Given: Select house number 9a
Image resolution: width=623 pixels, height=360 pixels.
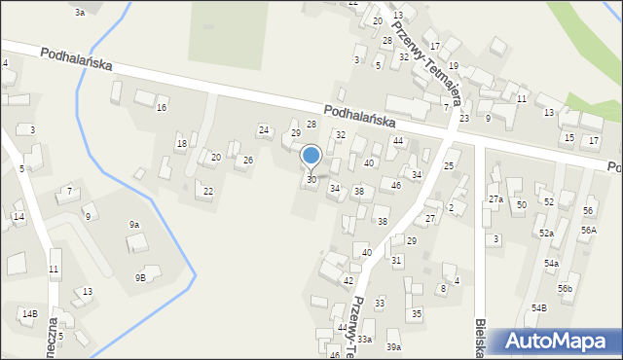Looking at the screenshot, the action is pyautogui.click(x=134, y=225).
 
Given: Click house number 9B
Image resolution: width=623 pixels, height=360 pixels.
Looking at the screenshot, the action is pyautogui.click(x=140, y=277).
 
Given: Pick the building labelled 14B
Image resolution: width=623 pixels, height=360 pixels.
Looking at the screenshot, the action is pyautogui.click(x=30, y=313).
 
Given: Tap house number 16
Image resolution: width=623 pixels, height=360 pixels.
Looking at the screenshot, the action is pyautogui.click(x=162, y=107).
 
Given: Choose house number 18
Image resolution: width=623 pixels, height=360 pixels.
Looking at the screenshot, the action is pyautogui.click(x=181, y=144).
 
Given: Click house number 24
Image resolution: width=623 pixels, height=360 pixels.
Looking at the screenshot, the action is pyautogui.click(x=263, y=129).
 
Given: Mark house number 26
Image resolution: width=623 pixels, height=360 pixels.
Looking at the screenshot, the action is pyautogui.click(x=248, y=160).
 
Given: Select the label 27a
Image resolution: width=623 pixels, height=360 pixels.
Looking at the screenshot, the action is pyautogui.click(x=495, y=199).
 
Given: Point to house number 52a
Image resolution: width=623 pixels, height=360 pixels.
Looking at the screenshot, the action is pyautogui.click(x=547, y=234).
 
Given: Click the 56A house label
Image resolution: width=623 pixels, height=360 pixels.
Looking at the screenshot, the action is pyautogui.click(x=588, y=231).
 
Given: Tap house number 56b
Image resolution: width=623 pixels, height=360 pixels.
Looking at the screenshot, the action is pyautogui.click(x=566, y=289).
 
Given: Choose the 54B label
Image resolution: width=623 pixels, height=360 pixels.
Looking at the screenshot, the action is pyautogui.click(x=539, y=307).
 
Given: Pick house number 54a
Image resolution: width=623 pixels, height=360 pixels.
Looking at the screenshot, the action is pyautogui.click(x=552, y=264).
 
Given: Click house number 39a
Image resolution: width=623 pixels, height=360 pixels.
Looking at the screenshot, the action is pyautogui.click(x=393, y=347).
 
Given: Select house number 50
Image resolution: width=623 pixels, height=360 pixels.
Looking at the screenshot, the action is pyautogui.click(x=521, y=204).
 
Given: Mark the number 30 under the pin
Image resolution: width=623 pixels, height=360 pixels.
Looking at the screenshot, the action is pyautogui.click(x=311, y=180).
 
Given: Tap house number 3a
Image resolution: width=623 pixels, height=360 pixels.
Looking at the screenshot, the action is pyautogui.click(x=80, y=12).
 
